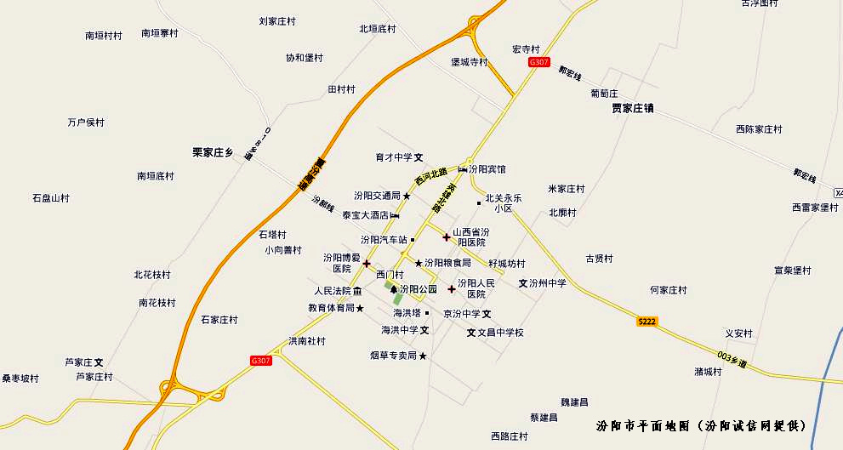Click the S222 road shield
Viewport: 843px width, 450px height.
647,321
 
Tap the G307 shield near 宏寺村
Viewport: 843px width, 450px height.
539,62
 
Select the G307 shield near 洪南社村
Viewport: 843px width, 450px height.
261,361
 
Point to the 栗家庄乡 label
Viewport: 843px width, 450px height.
213,153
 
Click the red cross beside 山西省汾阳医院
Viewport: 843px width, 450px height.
446,236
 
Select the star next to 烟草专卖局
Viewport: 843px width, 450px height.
423,356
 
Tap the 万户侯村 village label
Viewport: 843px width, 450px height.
86,122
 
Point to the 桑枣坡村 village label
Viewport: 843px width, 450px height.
20,379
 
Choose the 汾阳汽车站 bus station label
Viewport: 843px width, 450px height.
384,240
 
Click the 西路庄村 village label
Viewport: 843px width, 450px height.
510,436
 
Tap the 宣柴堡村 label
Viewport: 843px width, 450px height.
793,271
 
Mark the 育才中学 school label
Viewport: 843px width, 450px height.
394,157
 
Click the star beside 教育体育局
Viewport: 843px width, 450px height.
360,308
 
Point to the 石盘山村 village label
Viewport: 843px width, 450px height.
51,198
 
